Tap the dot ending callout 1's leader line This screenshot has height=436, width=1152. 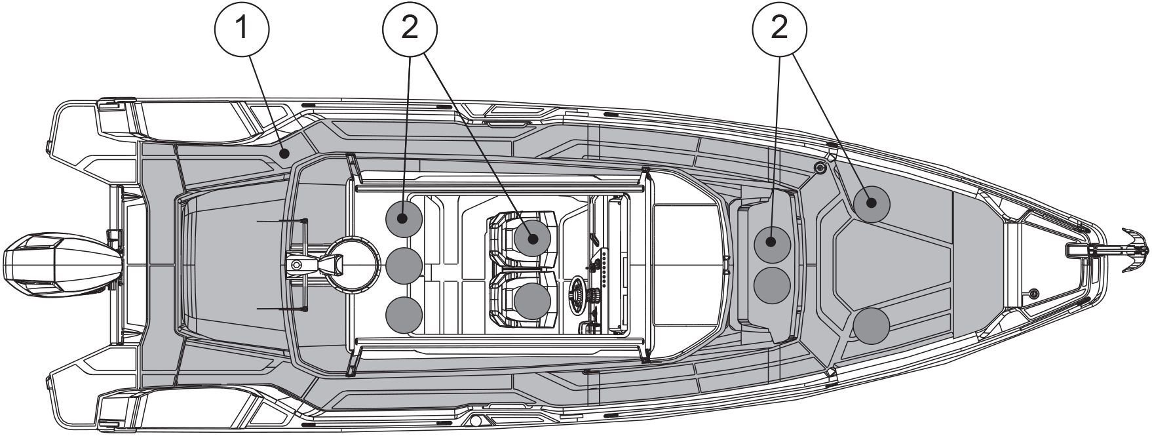284,154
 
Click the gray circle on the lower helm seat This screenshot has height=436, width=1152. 532,302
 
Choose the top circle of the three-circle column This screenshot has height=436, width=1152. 404,218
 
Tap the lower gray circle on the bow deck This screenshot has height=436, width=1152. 872,325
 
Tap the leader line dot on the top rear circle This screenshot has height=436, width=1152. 404,218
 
